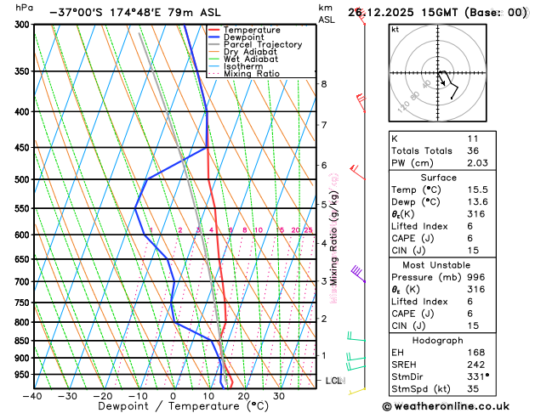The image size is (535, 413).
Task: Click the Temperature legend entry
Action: (250, 30)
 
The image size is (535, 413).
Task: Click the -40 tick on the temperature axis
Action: (33, 396)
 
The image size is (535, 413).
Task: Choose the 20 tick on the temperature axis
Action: (243, 396)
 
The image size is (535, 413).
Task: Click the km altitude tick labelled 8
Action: (323, 84)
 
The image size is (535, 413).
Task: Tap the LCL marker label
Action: (333, 381)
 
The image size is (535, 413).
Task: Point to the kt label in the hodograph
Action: (395, 29)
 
